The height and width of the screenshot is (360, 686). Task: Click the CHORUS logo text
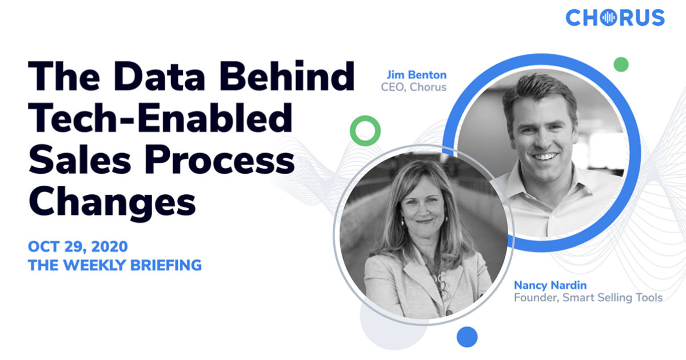615,18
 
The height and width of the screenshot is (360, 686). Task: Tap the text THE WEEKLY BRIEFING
114,265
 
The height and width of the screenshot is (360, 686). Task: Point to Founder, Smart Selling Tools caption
588,297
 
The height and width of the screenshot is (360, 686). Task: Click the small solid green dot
621,64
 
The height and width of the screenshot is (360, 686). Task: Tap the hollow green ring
365,130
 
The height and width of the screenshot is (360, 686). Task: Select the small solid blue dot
467,337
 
